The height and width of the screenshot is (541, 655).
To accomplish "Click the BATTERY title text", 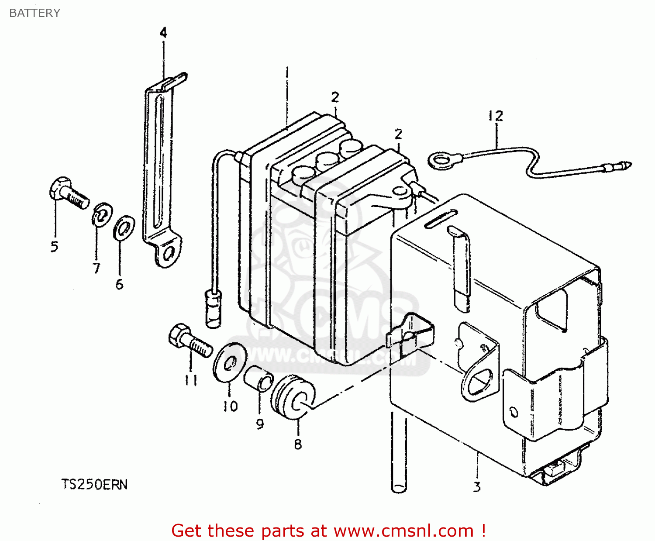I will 34,13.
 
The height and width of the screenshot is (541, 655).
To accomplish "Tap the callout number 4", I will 163,33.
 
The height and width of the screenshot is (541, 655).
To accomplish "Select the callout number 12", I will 496,116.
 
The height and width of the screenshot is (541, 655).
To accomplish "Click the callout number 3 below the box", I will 477,486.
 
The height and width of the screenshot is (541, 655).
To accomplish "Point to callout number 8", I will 298,444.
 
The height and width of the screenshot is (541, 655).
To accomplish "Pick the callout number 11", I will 190,380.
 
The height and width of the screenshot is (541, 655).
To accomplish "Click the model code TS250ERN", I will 94,485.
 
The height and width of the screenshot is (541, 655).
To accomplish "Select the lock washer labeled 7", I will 102,214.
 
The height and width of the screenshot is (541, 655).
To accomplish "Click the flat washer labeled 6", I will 124,227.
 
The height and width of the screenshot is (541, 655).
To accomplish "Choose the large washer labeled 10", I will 230,362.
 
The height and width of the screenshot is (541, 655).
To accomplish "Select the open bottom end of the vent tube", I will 398,487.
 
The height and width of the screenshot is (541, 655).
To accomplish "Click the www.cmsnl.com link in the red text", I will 403,531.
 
